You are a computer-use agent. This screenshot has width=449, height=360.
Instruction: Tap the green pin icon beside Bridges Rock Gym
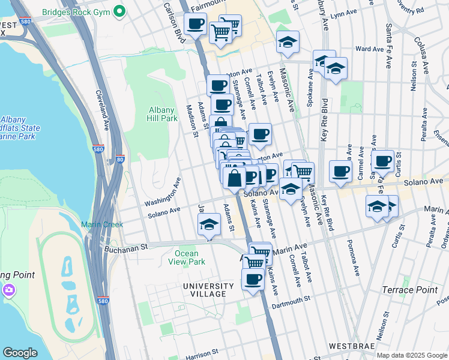pyautogui.click(x=119, y=11)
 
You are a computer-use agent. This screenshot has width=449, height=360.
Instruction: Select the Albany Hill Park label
pyautogui.click(x=163, y=114)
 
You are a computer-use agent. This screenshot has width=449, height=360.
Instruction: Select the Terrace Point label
pyautogui.click(x=409, y=290)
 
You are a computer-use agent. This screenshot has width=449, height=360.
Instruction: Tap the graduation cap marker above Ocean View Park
pyautogui.click(x=208, y=226)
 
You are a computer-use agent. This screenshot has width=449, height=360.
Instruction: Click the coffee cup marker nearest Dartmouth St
pyautogui.click(x=253, y=279)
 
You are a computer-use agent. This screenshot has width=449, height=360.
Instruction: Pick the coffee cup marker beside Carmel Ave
pyautogui.click(x=340, y=170)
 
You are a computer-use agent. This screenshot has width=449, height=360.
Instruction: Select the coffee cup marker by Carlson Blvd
pyautogui.click(x=195, y=25)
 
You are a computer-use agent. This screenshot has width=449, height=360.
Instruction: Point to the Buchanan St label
pyautogui.click(x=127, y=247)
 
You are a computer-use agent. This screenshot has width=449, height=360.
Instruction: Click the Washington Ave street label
pyautogui.click(x=162, y=191)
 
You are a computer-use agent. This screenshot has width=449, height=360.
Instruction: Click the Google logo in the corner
pyautogui.click(x=20, y=353)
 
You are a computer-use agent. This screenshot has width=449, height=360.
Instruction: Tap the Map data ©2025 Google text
pyautogui.click(x=411, y=355)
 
